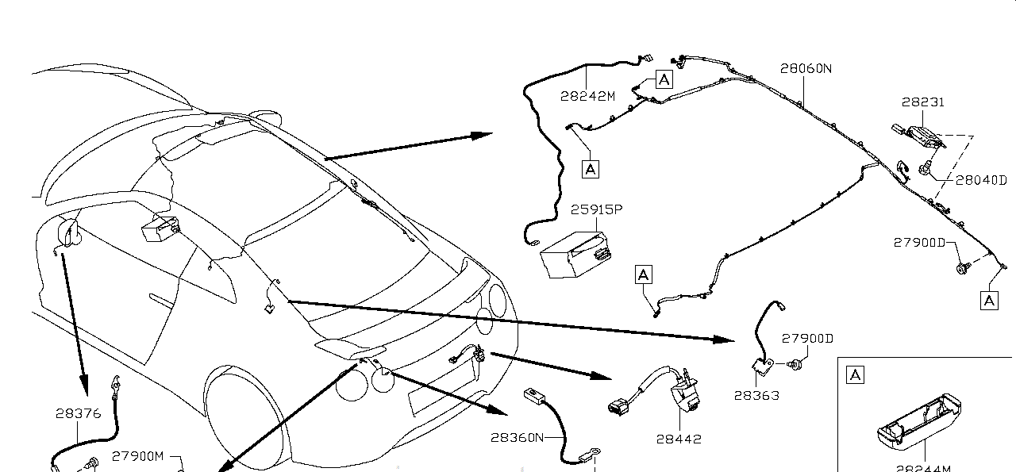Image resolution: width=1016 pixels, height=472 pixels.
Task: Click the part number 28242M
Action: tap(587, 97)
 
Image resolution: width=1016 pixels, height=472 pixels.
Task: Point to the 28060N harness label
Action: tap(805, 69)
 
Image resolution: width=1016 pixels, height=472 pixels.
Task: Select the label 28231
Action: tap(923, 102)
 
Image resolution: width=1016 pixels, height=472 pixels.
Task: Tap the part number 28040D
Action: tap(981, 181)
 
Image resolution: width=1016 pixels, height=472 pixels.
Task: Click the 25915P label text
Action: tap(596, 210)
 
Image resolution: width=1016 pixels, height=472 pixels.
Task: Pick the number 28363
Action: tap(756, 395)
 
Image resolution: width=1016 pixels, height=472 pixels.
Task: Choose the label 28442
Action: tap(679, 439)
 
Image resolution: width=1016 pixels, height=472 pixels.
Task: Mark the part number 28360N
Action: tap(517, 437)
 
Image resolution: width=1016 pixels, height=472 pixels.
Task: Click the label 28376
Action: tap(78, 413)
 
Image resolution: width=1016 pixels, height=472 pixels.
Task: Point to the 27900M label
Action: tap(137, 456)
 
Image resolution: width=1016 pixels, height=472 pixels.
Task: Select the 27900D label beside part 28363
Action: tap(807, 339)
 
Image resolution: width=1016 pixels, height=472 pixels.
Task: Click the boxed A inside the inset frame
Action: tap(856, 375)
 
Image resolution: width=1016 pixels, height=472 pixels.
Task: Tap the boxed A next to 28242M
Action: tap(664, 79)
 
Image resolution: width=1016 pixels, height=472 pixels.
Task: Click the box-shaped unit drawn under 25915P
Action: tap(575, 252)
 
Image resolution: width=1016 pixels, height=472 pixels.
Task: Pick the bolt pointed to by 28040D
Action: tap(926, 167)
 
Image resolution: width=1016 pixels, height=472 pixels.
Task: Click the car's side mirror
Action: tap(70, 230)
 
